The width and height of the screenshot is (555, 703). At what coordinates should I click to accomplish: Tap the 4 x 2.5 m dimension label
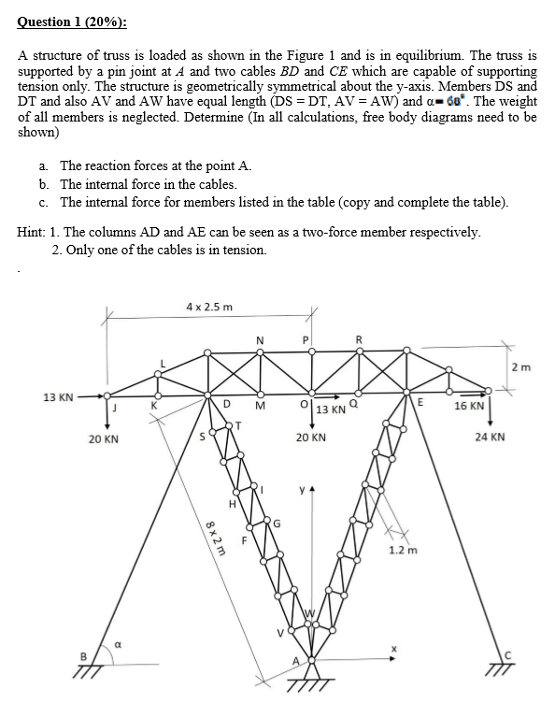209,307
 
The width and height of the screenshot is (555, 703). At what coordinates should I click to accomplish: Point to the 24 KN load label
490,437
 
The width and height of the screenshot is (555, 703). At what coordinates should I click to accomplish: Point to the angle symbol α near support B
119,643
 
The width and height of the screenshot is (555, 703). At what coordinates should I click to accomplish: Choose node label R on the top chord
359,338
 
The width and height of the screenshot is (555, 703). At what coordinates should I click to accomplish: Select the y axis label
299,489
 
